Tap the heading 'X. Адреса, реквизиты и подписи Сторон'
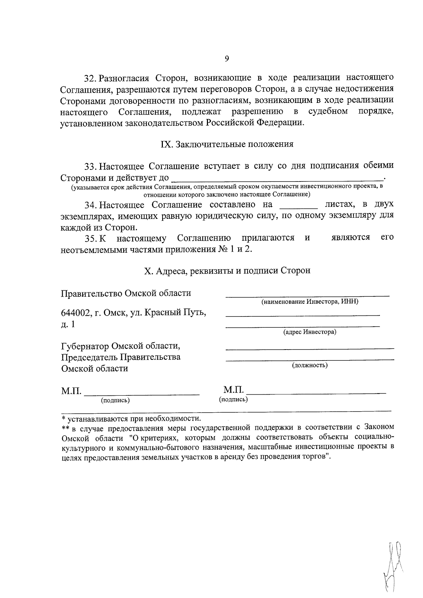(x=227, y=271)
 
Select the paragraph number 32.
(x=90, y=78)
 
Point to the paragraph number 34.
(x=90, y=205)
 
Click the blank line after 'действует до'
(x=278, y=177)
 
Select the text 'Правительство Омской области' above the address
(x=126, y=293)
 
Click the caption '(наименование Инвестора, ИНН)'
(x=309, y=302)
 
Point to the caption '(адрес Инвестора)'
(x=309, y=332)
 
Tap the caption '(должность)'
(x=309, y=365)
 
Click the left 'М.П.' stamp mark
(x=71, y=391)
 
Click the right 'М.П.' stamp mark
(x=233, y=390)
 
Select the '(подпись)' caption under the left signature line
(x=115, y=400)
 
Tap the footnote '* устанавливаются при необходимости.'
(x=131, y=419)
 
